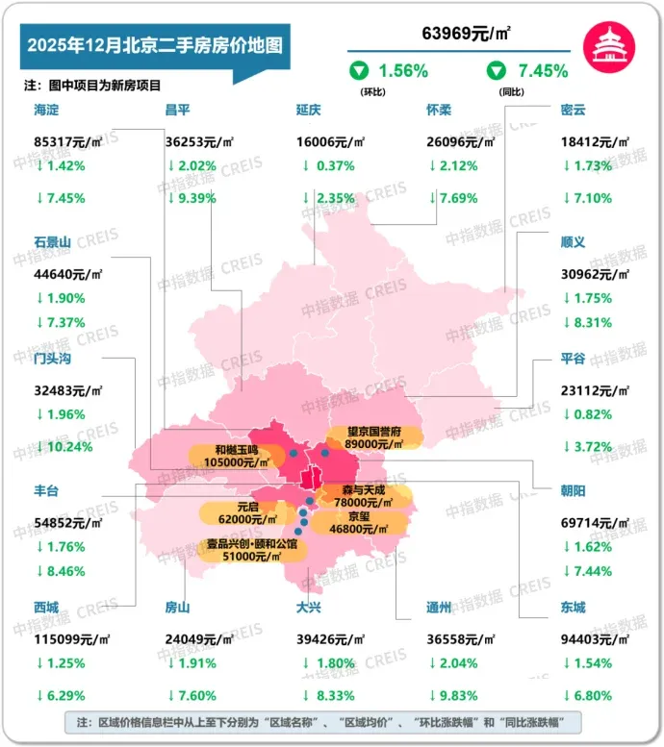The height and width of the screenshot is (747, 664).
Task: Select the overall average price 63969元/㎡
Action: click(466, 34)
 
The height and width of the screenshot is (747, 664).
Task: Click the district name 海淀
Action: click(46, 111)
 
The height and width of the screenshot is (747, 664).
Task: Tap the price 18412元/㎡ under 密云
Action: click(594, 141)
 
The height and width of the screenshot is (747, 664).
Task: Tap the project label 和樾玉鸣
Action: click(236, 449)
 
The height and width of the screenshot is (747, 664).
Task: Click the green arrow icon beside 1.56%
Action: click(360, 70)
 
